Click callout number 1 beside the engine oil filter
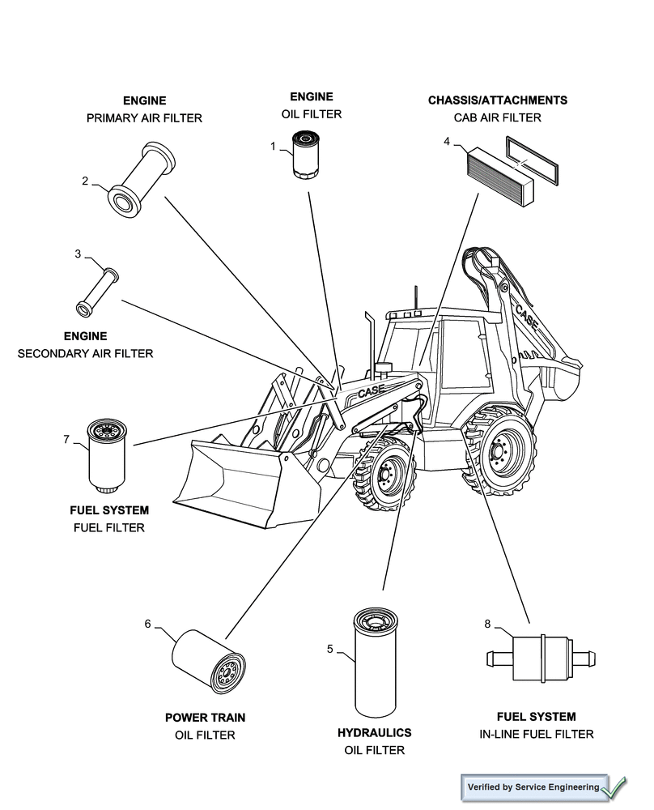pos(273,146)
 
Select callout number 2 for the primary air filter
pos(85,181)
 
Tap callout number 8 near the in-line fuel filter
pos(487,624)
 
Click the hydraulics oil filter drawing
pos(376,661)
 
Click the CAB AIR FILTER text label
pos(497,118)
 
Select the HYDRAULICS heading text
pos(374,732)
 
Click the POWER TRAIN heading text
pos(205,717)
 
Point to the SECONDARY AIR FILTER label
pos(85,353)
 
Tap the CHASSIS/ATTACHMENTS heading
pos(497,100)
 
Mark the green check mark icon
pos(614,786)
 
